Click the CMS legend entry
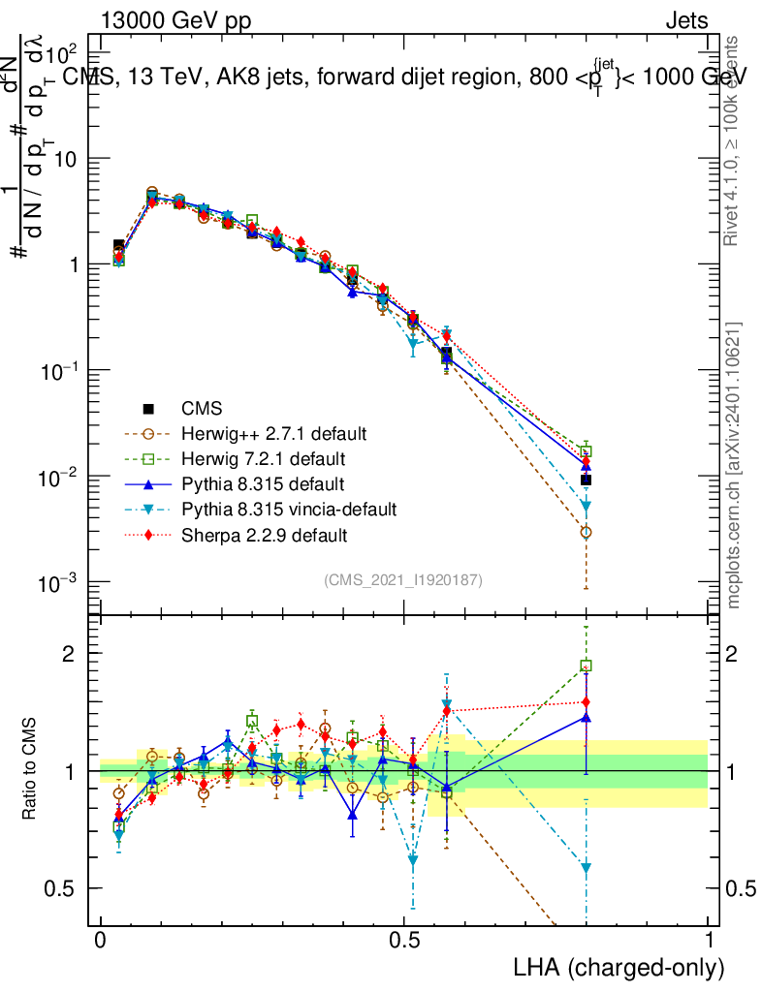click(x=202, y=410)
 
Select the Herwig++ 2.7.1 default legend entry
click(x=273, y=432)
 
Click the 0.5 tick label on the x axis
click(x=404, y=941)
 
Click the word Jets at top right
click(x=685, y=20)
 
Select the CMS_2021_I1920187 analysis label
click(x=403, y=579)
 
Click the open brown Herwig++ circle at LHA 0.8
click(x=586, y=532)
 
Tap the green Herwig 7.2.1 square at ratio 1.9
click(x=586, y=666)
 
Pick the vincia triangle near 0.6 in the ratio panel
click(x=586, y=868)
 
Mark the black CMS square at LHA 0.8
click(x=586, y=480)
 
